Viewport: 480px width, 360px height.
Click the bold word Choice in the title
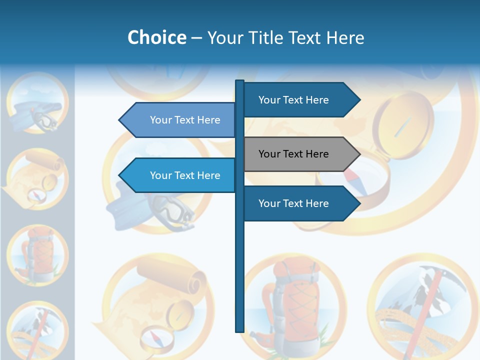click(x=156, y=38)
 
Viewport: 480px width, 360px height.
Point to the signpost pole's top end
click(x=239, y=82)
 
